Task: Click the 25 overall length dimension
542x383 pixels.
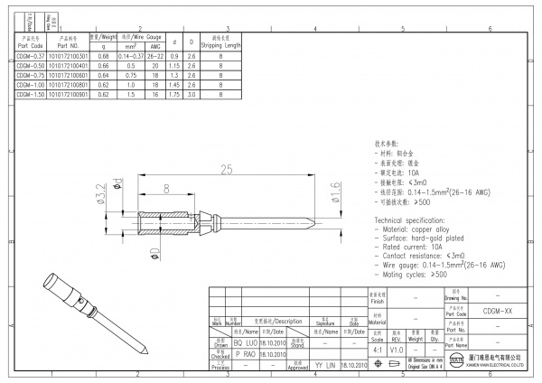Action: pos(226,169)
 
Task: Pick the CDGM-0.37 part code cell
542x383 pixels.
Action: pos(30,56)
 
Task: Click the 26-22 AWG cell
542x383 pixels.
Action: pos(155,56)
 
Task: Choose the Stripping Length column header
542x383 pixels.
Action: pos(220,42)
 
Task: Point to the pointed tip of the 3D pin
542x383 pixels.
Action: pos(145,354)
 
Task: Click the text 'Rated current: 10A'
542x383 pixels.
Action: pos(413,247)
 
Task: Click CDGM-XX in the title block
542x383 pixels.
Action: pos(498,310)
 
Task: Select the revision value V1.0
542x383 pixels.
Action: pos(397,349)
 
